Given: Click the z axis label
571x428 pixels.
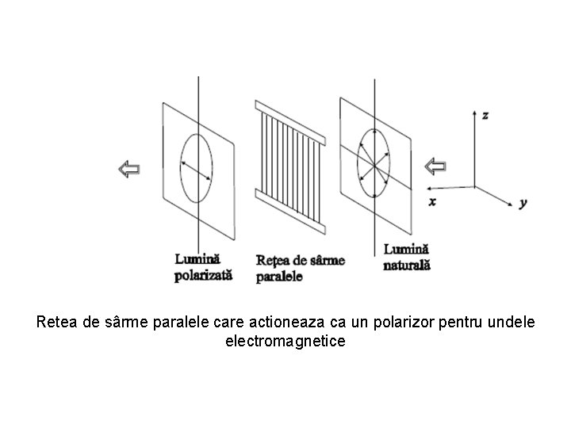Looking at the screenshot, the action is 485,116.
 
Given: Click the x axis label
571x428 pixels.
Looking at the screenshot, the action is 432,201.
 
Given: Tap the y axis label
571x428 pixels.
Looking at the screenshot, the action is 523,203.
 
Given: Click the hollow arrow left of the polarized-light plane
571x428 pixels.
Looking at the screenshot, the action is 129,169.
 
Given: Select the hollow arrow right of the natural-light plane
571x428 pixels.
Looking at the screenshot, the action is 435,166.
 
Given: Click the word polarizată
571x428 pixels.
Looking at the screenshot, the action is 203,276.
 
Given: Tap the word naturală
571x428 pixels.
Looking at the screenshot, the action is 407,265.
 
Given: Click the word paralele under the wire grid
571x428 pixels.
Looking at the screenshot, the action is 279,277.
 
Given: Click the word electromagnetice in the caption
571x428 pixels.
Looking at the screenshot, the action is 285,342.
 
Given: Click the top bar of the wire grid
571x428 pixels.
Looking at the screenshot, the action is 290,123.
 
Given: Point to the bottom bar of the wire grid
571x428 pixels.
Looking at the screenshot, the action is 290,211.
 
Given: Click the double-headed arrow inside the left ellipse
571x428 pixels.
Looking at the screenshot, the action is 197,171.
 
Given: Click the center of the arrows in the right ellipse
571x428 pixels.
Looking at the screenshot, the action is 374,166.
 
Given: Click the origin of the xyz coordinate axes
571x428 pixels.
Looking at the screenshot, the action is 474,187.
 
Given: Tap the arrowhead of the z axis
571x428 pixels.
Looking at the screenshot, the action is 474,113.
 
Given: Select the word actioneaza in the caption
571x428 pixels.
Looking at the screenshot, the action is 287,322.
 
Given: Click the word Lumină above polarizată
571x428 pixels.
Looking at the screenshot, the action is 197,259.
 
